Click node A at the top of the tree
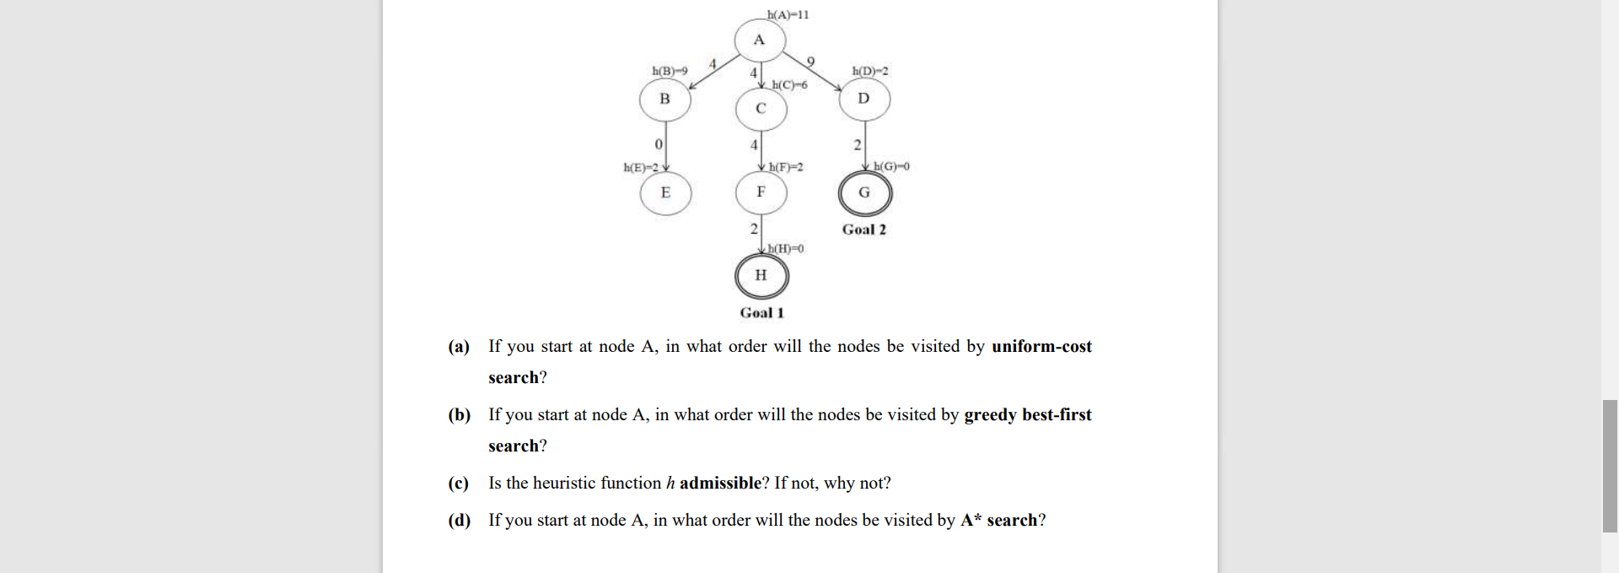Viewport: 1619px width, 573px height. pos(759,40)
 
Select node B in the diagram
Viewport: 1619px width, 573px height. pos(664,100)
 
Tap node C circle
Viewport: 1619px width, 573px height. pos(761,108)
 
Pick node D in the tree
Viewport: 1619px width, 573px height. pos(863,99)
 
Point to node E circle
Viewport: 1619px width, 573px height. pos(665,192)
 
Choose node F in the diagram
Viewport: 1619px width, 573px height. pos(761,192)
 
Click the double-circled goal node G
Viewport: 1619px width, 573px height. pos(864,193)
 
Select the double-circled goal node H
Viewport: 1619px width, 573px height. pos(761,275)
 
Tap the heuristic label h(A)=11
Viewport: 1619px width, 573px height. pos(788,14)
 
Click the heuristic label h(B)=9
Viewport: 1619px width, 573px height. pos(670,71)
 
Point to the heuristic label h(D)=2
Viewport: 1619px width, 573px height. pos(870,72)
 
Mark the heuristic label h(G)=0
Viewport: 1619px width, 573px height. pos(891,167)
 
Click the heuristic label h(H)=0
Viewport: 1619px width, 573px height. pos(786,249)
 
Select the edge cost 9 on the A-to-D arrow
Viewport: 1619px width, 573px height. pos(811,62)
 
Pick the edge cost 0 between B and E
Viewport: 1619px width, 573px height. pos(658,145)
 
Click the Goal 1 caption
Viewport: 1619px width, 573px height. pos(761,313)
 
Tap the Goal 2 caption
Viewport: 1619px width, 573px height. pos(864,230)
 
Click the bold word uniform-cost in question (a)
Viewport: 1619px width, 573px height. pos(1041,347)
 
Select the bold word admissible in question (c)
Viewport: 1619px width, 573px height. pos(720,484)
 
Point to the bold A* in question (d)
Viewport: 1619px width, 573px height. pos(971,521)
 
